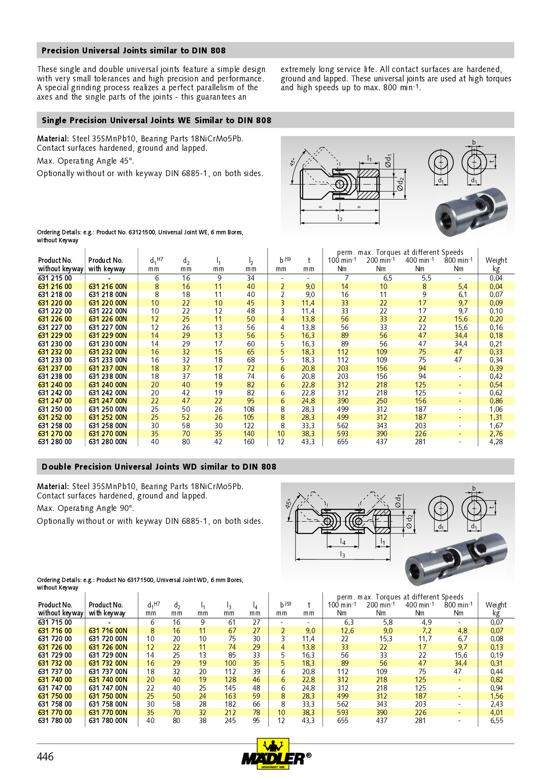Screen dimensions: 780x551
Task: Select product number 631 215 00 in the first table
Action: [x=55, y=278]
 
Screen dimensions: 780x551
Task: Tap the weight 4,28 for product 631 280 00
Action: [x=496, y=442]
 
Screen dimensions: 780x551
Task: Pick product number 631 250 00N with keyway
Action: [x=108, y=409]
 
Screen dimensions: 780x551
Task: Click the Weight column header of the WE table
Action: [x=496, y=261]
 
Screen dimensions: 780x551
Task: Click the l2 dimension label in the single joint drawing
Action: [x=340, y=218]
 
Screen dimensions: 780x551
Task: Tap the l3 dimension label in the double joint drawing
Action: [x=343, y=554]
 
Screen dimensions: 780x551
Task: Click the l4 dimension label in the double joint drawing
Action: [x=343, y=541]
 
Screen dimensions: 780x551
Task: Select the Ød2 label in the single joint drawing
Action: [x=400, y=184]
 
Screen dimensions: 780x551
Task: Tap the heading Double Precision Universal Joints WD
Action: [x=159, y=467]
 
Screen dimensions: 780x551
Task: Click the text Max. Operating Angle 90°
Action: [x=85, y=508]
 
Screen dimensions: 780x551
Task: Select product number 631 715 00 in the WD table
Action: [x=55, y=623]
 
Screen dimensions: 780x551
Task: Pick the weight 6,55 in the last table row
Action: [x=496, y=720]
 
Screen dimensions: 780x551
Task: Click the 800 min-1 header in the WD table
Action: [x=458, y=605]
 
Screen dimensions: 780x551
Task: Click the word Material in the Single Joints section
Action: [x=52, y=139]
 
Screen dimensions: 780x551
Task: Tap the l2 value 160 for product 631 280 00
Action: [x=249, y=442]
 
